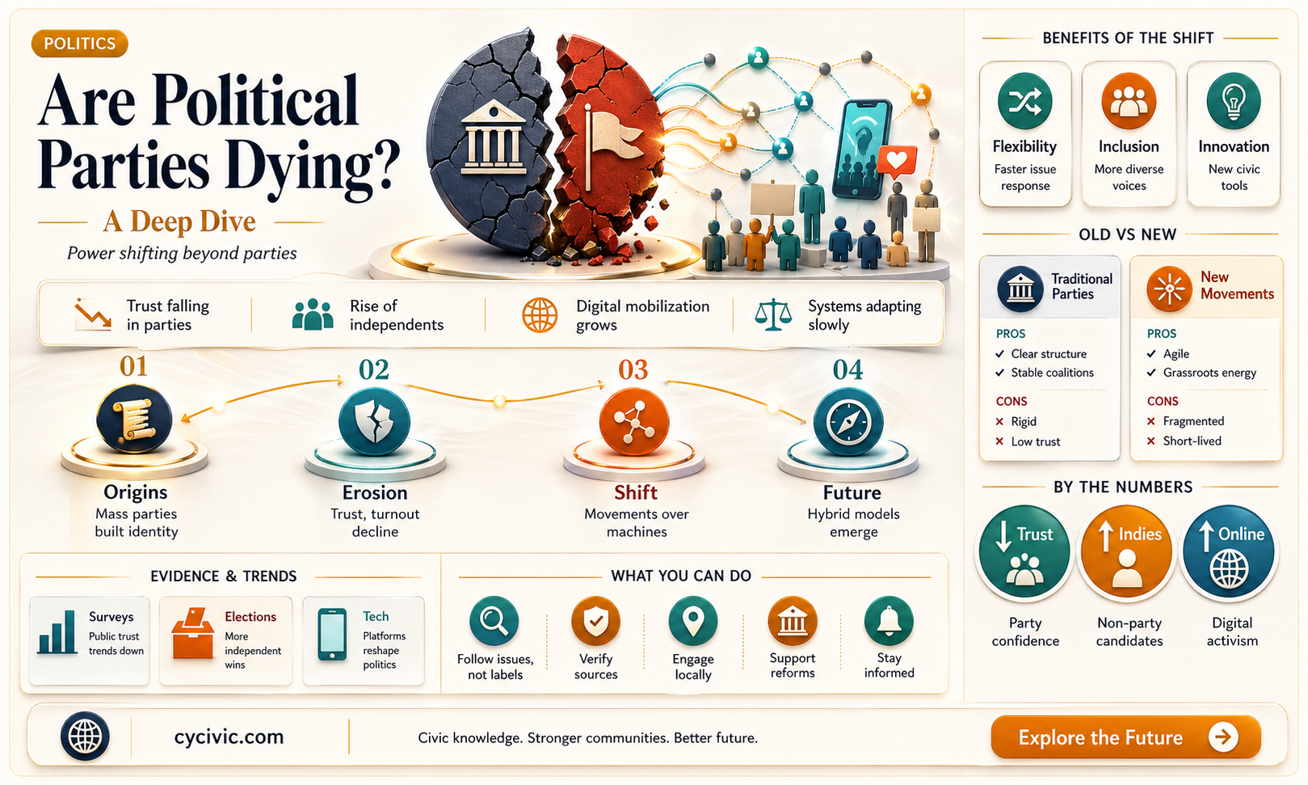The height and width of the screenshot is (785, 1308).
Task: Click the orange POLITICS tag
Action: pyautogui.click(x=79, y=44)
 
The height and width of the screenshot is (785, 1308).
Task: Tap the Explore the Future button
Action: pyautogui.click(x=1125, y=737)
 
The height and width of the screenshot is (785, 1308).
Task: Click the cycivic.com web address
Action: pyautogui.click(x=229, y=736)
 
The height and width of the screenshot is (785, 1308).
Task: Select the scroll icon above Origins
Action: pyautogui.click(x=134, y=419)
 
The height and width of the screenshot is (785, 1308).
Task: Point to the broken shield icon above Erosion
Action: pyautogui.click(x=374, y=422)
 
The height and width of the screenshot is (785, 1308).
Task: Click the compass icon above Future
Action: pyautogui.click(x=848, y=422)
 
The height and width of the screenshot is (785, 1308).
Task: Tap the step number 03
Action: pyautogui.click(x=633, y=369)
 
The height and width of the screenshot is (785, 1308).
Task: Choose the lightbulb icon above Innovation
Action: pyautogui.click(x=1233, y=101)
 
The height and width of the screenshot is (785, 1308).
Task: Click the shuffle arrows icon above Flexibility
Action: pyautogui.click(x=1024, y=101)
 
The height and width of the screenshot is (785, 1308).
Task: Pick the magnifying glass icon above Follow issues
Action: pyautogui.click(x=494, y=621)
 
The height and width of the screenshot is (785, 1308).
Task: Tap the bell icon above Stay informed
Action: pyautogui.click(x=889, y=621)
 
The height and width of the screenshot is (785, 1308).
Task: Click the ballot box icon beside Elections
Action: pyautogui.click(x=193, y=634)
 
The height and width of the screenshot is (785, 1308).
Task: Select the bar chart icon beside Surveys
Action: pyautogui.click(x=57, y=632)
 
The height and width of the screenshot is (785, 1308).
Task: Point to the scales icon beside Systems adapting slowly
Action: pyautogui.click(x=772, y=314)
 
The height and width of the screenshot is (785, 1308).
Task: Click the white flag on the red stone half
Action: pyautogui.click(x=611, y=143)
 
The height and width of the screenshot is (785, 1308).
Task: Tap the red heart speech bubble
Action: pyautogui.click(x=897, y=162)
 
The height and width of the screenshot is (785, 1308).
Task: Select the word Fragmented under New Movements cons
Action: pyautogui.click(x=1193, y=421)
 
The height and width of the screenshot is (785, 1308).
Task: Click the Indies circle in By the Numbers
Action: pyautogui.click(x=1127, y=552)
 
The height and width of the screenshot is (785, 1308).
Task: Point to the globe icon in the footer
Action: pyautogui.click(x=85, y=736)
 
